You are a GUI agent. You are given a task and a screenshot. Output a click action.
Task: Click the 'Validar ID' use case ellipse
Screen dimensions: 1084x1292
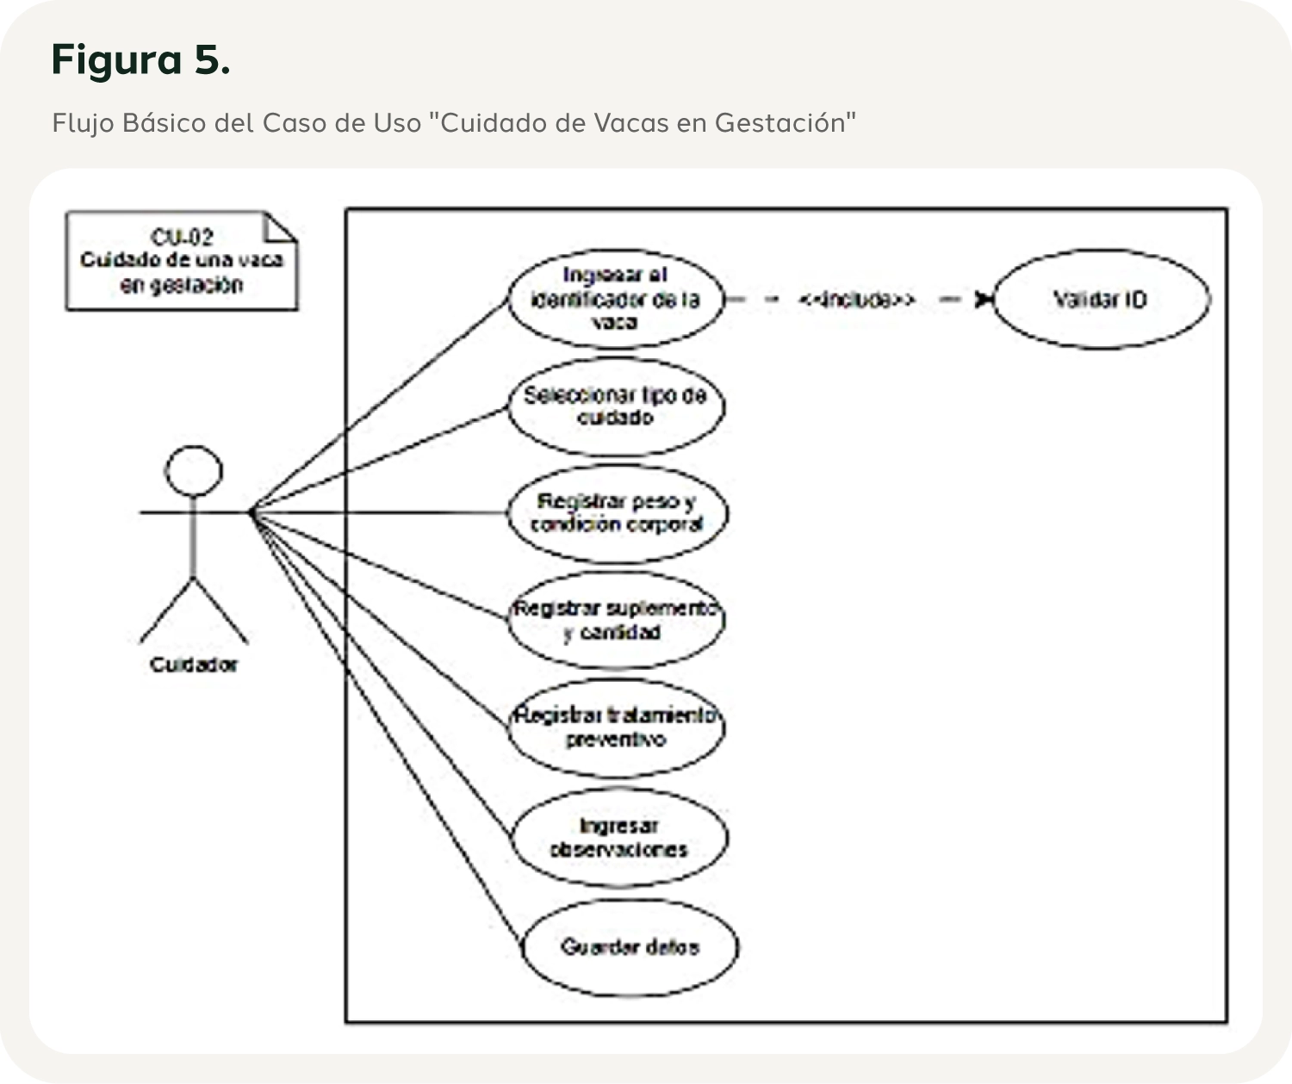1100,300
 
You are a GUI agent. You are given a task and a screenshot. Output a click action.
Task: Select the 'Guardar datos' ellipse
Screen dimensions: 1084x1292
630,947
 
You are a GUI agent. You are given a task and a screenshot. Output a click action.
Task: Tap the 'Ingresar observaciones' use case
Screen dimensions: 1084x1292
618,838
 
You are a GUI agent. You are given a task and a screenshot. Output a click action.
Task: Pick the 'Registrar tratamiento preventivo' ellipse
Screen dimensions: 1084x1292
615,728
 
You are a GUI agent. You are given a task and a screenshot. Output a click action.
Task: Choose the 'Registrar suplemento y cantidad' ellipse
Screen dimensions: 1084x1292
615,620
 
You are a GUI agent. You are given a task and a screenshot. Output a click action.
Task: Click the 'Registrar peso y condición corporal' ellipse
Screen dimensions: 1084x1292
617,513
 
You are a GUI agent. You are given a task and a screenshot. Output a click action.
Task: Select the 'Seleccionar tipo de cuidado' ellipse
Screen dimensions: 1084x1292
615,406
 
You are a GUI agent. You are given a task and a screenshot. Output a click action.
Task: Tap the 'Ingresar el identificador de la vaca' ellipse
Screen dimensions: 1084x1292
615,299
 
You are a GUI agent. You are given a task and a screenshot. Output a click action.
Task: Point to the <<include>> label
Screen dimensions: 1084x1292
855,300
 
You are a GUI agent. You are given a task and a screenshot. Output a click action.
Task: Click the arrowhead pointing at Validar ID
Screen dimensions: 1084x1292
983,300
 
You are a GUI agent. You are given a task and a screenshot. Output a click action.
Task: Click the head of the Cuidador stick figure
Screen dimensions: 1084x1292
193,472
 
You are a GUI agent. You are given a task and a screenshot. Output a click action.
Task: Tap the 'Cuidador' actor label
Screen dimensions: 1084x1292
193,665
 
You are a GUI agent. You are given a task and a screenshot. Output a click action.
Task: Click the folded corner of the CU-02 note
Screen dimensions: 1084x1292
281,226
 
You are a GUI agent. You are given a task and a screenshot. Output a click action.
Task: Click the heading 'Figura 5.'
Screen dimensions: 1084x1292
140,59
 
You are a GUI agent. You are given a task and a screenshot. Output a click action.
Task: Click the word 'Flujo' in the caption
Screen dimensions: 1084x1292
83,123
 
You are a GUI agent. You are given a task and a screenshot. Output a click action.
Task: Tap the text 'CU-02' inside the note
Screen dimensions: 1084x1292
182,237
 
